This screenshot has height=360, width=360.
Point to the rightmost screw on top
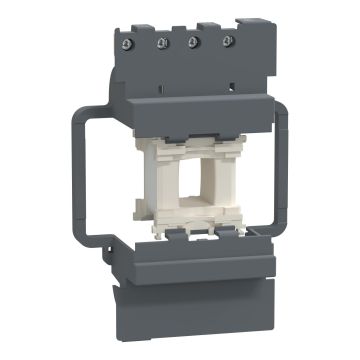[228, 42]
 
